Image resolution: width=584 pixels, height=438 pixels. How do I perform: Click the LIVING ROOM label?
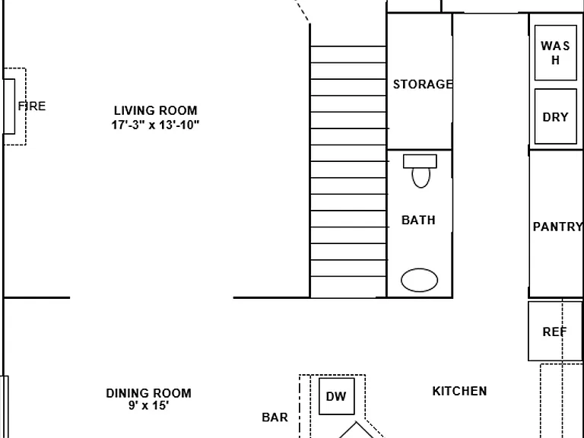156,110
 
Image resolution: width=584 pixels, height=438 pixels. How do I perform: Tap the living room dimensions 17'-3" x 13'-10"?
155,125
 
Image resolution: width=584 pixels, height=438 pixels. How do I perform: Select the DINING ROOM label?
148,393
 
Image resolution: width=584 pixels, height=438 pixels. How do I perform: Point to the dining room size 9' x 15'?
148,405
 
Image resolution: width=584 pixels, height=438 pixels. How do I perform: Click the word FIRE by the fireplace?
32,106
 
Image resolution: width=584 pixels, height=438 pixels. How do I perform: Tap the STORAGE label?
423,84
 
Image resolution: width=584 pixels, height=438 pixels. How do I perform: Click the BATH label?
418,220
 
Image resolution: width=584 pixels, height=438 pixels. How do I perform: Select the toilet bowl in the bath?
421,178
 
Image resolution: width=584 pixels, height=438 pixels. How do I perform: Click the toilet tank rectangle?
420,162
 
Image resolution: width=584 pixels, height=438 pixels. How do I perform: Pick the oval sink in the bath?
420,280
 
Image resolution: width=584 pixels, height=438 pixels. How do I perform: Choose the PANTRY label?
557,227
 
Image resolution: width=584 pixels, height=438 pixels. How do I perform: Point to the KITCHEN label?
459,391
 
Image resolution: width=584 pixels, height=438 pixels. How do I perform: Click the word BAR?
275,417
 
